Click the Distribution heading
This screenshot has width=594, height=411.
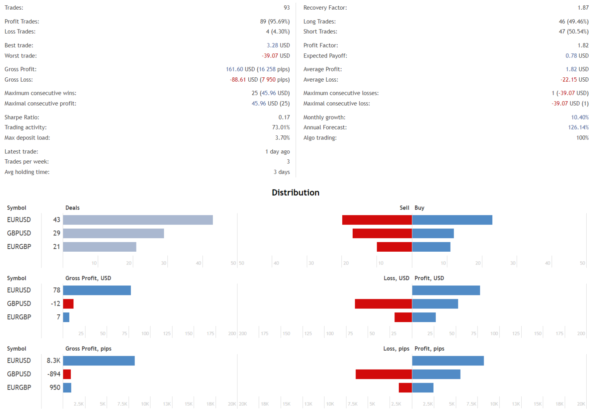(295, 193)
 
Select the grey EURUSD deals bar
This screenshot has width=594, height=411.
(138, 220)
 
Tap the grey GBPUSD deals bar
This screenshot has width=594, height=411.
(113, 233)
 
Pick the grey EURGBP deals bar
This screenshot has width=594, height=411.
(99, 247)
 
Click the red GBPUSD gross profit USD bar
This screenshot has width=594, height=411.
(68, 304)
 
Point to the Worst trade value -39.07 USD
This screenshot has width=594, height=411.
(276, 56)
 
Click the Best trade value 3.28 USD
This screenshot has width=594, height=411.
(278, 45)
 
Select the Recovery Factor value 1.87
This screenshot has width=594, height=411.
(583, 8)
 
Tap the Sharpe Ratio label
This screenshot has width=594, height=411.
(22, 117)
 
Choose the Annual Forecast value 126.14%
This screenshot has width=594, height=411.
(578, 127)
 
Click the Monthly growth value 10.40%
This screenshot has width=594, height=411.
(580, 117)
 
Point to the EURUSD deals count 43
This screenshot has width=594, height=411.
(56, 220)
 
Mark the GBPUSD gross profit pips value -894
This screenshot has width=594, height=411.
(54, 374)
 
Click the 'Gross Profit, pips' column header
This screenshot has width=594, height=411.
(88, 348)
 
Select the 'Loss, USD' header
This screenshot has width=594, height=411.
(396, 278)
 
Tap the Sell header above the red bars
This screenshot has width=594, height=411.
(404, 208)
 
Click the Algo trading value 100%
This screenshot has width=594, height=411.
(582, 138)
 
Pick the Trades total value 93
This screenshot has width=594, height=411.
(287, 8)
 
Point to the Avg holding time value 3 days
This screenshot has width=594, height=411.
(282, 172)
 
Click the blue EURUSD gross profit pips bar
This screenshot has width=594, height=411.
(99, 361)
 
